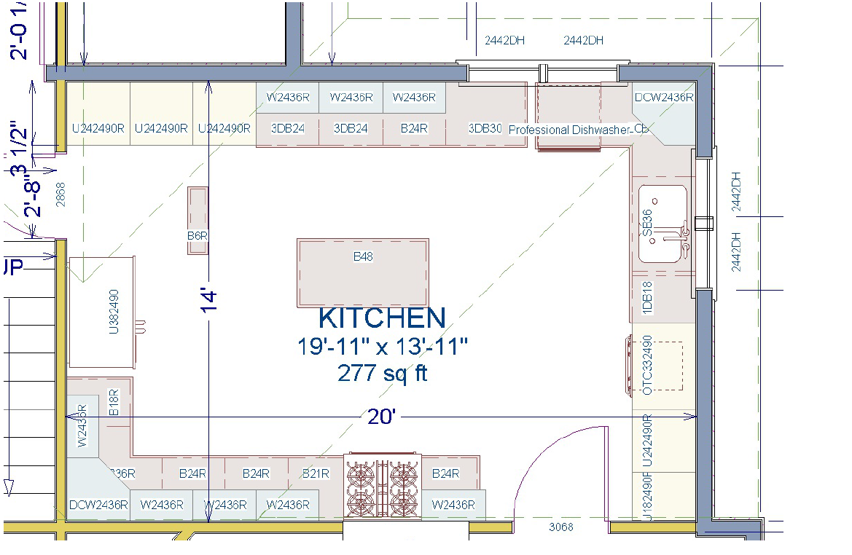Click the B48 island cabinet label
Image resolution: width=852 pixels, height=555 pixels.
(x=363, y=256)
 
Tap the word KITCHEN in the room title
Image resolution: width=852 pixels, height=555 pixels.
(x=382, y=318)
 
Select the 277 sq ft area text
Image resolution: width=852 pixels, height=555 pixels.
(x=382, y=373)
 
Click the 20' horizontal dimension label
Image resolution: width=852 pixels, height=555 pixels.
(x=381, y=417)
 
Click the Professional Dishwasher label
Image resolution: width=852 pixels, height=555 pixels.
(x=568, y=130)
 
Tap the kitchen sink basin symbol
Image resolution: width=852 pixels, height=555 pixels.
(x=663, y=224)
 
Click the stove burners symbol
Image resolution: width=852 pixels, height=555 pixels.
(x=383, y=485)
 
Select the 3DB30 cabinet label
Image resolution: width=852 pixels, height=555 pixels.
(x=485, y=128)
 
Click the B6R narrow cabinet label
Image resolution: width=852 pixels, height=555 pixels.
(x=198, y=236)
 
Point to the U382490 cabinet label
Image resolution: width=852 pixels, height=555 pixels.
(x=114, y=311)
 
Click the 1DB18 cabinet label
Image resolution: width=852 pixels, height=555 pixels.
(x=646, y=298)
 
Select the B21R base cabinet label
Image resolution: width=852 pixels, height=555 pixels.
(x=316, y=473)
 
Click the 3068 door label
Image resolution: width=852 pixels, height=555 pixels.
(x=560, y=527)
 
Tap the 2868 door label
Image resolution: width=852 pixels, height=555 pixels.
(x=60, y=194)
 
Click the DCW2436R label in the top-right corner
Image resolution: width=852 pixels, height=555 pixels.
(x=663, y=97)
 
